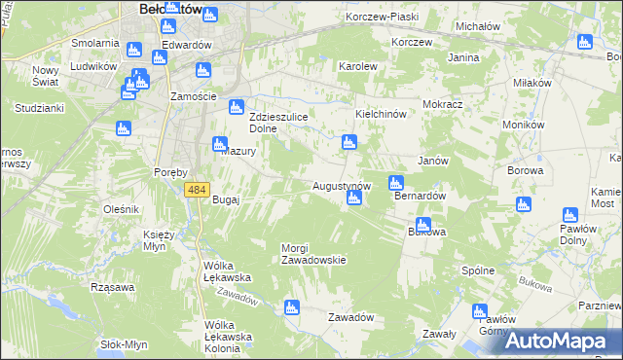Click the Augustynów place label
tap(342, 185)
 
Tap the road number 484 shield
tap(197, 190)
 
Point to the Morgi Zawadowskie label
tap(313, 254)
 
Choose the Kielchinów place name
tap(386, 114)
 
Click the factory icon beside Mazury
tap(219, 145)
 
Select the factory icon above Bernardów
tap(396, 182)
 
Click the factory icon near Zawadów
tap(290, 308)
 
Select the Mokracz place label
tap(442, 103)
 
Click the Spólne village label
tap(478, 270)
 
